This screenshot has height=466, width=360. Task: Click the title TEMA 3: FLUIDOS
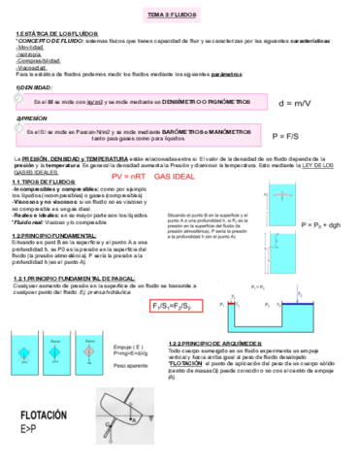click(x=180, y=16)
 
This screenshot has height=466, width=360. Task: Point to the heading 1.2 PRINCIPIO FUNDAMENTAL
click(x=53, y=234)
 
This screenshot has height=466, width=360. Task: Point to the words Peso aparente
click(x=132, y=366)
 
